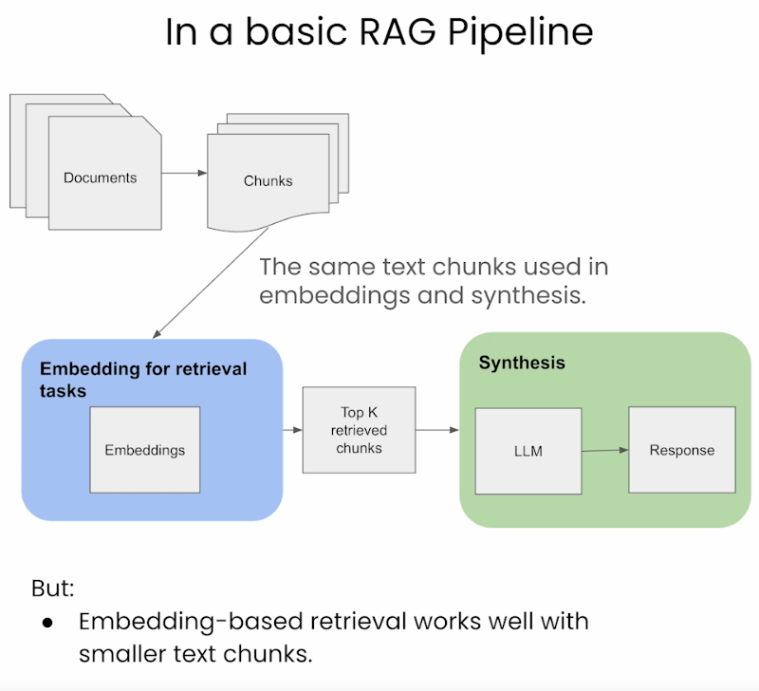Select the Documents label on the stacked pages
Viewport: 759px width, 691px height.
point(100,177)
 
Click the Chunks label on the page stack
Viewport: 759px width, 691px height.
point(268,180)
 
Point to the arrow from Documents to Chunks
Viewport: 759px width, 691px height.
point(184,173)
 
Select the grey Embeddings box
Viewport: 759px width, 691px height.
point(144,449)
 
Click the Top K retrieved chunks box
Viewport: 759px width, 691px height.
point(359,429)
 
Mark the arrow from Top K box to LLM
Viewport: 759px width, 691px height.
point(437,430)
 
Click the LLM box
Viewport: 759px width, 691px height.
point(528,451)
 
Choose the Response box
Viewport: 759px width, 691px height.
point(681,450)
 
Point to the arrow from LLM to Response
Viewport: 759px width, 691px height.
point(604,451)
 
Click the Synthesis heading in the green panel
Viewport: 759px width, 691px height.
point(521,363)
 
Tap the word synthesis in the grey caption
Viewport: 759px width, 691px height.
point(525,295)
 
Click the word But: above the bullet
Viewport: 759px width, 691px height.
point(53,588)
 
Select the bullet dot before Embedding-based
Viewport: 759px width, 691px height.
point(48,622)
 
